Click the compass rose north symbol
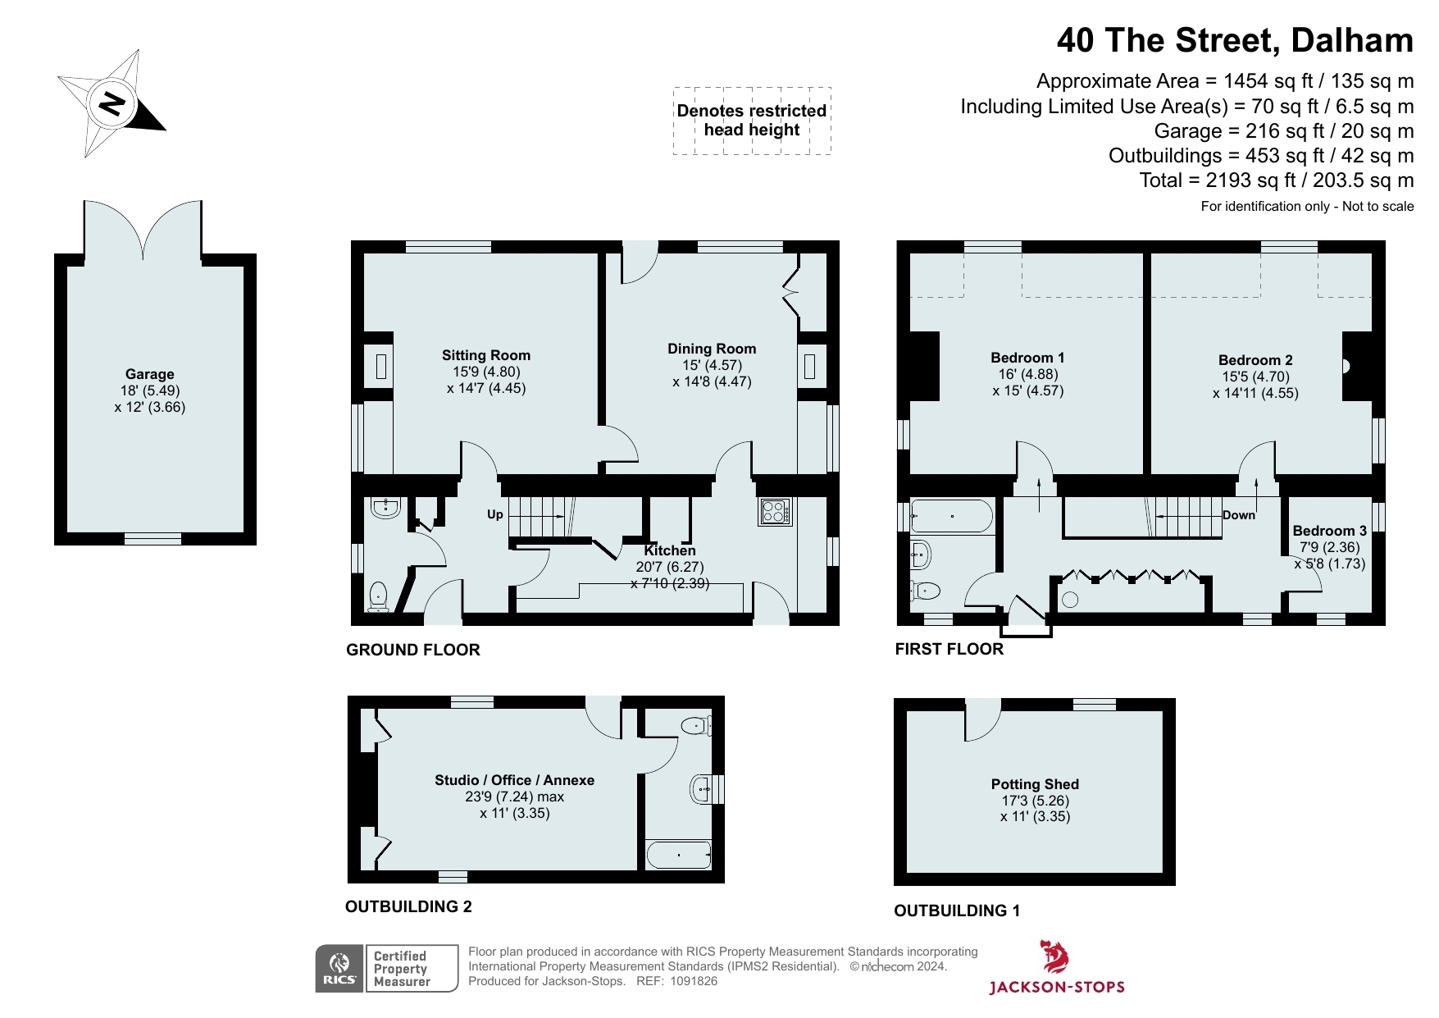tap(112, 103)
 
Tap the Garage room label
tap(150, 374)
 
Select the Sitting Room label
tap(486, 355)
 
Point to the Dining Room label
tap(712, 349)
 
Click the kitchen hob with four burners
tap(775, 511)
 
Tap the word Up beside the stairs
tap(495, 514)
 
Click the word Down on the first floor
tap(1239, 515)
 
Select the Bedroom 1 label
tap(1027, 358)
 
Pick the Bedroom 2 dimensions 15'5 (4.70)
tap(1255, 377)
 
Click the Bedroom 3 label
tap(1330, 531)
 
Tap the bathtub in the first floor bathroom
tap(951, 517)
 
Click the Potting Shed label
tap(1035, 784)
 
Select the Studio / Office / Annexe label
tap(514, 780)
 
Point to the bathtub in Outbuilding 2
tap(679, 855)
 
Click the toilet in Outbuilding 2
tap(696, 725)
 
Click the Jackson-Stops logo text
tap(1057, 987)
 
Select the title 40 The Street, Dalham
tap(1235, 40)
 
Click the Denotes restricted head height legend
tap(752, 121)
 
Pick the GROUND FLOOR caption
tap(413, 650)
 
